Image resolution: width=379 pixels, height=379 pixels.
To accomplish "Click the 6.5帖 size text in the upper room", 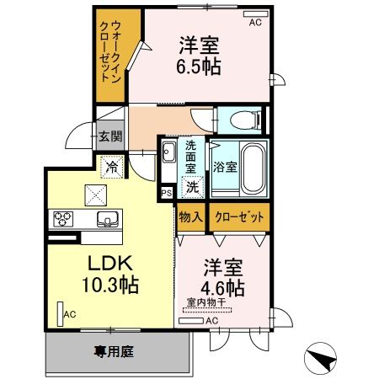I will [x=200, y=67].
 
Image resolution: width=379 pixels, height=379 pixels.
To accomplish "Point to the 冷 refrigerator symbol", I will [x=111, y=167].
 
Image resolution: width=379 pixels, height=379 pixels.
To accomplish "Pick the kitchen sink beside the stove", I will [x=108, y=220].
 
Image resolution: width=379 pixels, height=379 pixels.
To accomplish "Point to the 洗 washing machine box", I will [x=193, y=187].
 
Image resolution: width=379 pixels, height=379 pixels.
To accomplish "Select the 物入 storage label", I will [x=190, y=216].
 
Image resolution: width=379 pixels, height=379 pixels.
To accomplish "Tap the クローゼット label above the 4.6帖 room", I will [x=240, y=216].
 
